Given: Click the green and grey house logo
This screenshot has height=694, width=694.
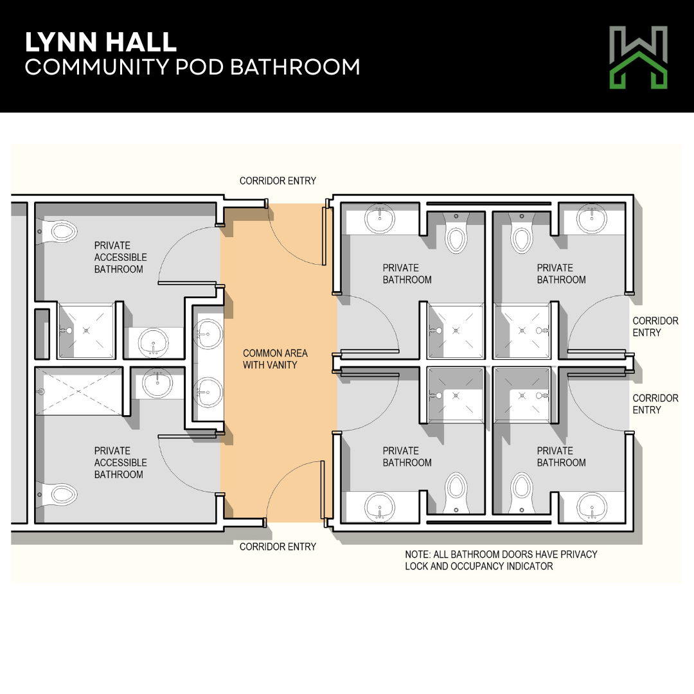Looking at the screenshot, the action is (x=638, y=58).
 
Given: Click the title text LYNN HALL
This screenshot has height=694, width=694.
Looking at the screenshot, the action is (x=101, y=42).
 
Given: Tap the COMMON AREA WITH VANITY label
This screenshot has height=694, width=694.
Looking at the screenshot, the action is (x=275, y=359).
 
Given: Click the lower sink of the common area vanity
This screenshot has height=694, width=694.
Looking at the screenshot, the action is (x=208, y=392).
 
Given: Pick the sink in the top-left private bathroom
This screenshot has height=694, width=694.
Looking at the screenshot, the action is (x=379, y=218).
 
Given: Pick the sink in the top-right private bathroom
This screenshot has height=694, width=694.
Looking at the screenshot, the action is (x=592, y=218).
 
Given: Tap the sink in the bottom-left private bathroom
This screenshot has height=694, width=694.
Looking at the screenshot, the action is (x=379, y=508).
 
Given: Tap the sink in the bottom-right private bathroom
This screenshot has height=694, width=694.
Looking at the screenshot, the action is (x=592, y=508).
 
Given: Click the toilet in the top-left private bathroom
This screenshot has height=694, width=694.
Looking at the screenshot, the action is (x=456, y=237).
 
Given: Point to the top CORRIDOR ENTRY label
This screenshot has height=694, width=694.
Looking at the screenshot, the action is (x=278, y=181).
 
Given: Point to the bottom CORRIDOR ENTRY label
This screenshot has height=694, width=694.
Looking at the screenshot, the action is (x=278, y=547).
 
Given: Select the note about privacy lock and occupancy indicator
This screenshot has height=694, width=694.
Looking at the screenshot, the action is (x=501, y=560).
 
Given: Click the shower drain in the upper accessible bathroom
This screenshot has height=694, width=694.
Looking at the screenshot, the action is (x=87, y=330).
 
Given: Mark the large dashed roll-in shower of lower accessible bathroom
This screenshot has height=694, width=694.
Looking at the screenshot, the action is (x=78, y=391).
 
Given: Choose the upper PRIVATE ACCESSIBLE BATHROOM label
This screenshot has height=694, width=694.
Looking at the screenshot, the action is (x=120, y=257).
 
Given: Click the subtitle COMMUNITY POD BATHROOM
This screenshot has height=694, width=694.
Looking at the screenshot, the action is (x=193, y=67).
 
